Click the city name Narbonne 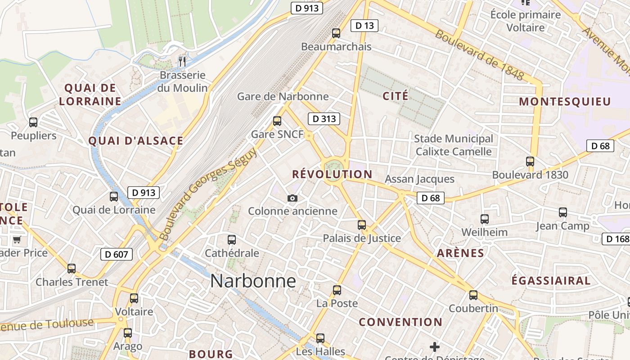[x=253, y=281]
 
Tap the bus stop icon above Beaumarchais [x=336, y=33]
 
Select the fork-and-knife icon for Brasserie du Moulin [x=182, y=61]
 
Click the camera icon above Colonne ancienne [x=292, y=198]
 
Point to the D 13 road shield [x=364, y=26]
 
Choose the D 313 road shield [x=324, y=119]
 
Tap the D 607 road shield [x=117, y=254]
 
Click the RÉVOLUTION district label [x=332, y=175]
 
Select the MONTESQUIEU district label [x=565, y=102]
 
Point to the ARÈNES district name [x=460, y=253]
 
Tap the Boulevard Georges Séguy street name [x=208, y=194]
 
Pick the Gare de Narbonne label [x=283, y=96]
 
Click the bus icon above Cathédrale [x=232, y=240]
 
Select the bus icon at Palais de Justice [x=362, y=225]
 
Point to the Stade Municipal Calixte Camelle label [x=454, y=145]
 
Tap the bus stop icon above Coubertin [x=473, y=295]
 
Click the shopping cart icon [x=17, y=239]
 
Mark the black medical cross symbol [x=434, y=346]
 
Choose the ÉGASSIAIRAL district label [x=551, y=281]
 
